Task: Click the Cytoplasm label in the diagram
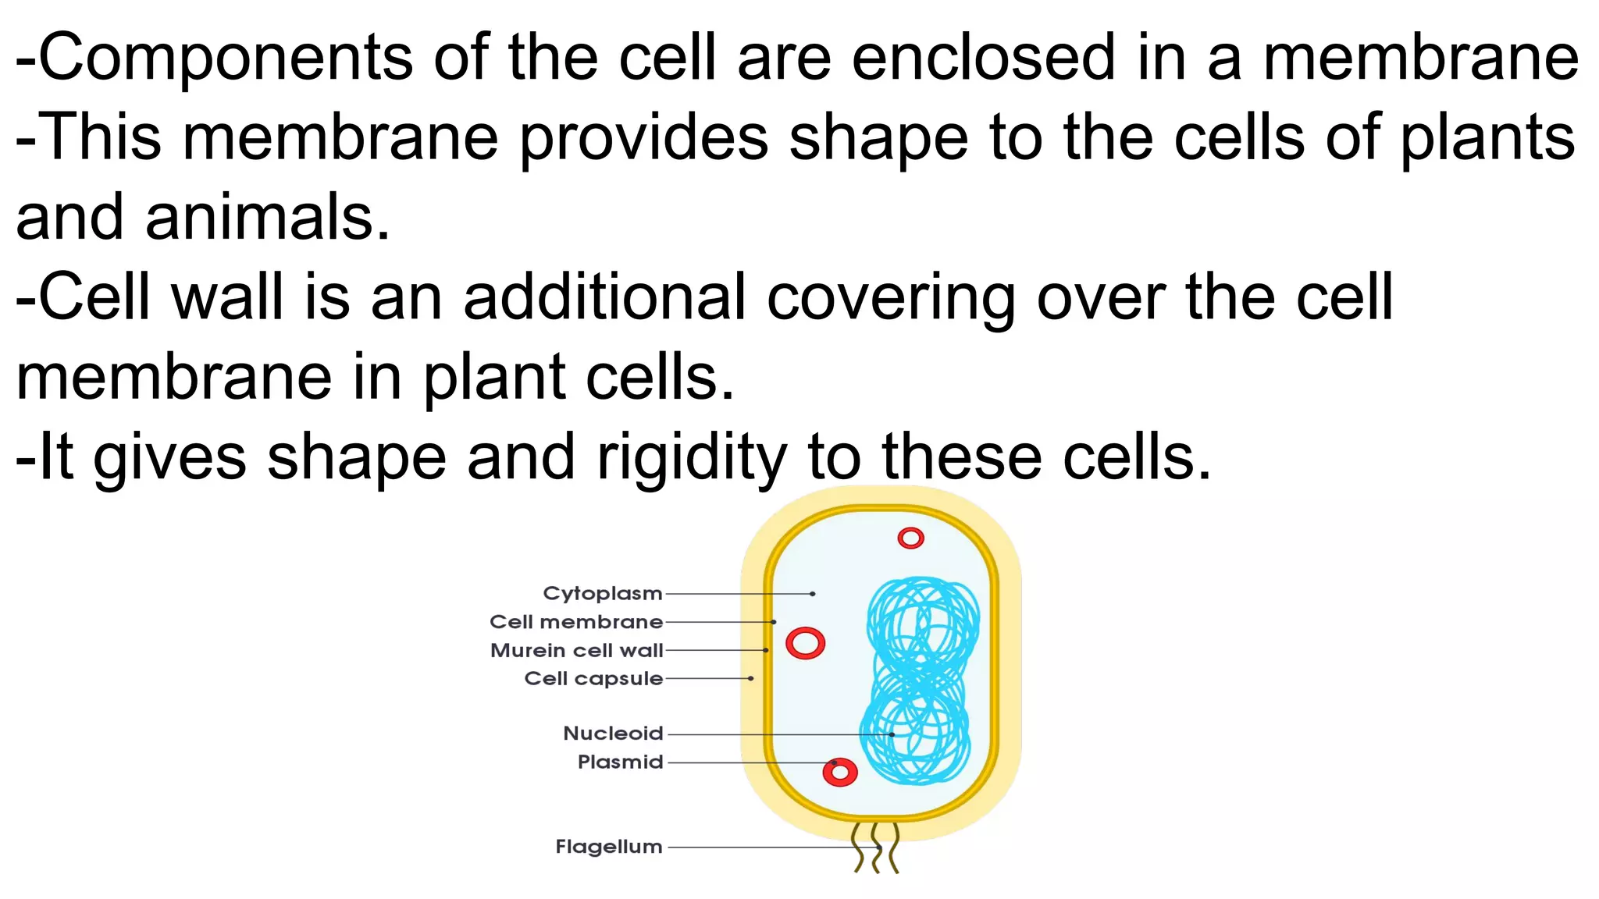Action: click(x=602, y=594)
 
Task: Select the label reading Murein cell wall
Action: click(x=576, y=651)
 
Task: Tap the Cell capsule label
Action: click(x=593, y=679)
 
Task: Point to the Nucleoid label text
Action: click(x=613, y=734)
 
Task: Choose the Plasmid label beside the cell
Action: click(x=620, y=762)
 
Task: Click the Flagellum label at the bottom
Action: click(x=608, y=847)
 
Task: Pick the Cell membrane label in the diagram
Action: click(x=576, y=622)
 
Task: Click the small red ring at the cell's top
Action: click(x=910, y=538)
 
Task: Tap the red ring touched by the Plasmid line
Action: click(x=840, y=773)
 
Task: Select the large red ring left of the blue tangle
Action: click(x=805, y=644)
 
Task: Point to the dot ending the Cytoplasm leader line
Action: click(x=813, y=594)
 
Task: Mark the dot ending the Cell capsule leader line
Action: click(x=751, y=679)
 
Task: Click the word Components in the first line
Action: click(x=226, y=58)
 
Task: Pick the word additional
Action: click(x=605, y=297)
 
